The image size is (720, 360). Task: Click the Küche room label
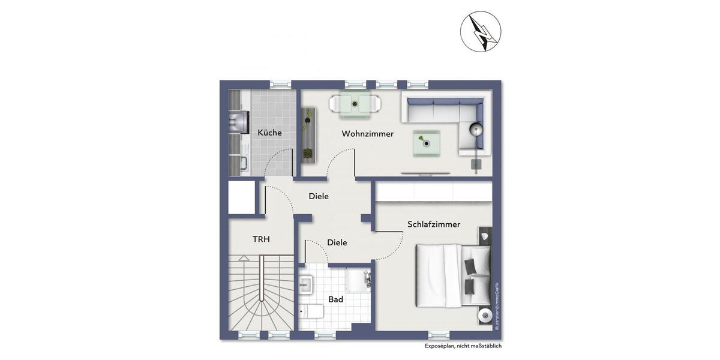[269, 133]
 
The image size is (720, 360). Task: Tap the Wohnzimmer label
[367, 134]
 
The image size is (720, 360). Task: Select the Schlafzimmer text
[433, 224]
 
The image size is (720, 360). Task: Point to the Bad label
[335, 299]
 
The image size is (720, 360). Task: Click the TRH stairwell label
[261, 239]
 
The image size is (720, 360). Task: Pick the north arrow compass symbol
[480, 31]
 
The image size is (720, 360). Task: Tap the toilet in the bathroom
[311, 311]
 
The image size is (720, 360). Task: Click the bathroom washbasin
[306, 284]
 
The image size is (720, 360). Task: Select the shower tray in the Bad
[358, 281]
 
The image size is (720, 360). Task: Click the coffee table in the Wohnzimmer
[426, 143]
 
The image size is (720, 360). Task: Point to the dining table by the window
[355, 104]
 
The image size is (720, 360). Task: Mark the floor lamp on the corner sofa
[476, 130]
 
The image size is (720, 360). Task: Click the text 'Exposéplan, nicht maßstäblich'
[463, 346]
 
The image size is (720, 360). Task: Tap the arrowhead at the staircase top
[244, 257]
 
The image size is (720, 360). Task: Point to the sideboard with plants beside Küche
[308, 135]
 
